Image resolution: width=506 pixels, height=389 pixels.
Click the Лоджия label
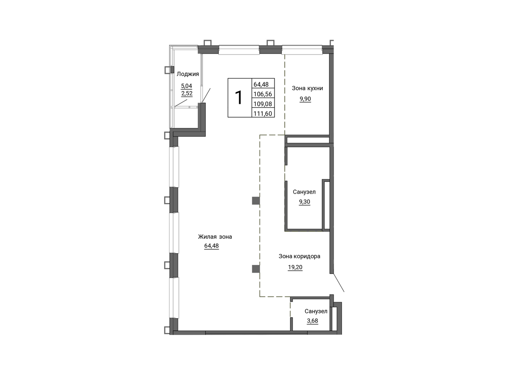tap(188, 74)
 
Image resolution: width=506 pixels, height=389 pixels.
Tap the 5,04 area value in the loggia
tap(186, 86)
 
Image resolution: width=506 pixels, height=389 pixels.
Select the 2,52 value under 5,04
tap(187, 93)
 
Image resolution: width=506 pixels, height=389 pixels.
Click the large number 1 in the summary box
tap(239, 98)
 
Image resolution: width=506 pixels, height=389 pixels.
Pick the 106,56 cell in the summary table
tap(263, 94)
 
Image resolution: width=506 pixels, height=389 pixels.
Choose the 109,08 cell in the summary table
tap(263, 104)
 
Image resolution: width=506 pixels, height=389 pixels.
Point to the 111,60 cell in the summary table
tap(263, 113)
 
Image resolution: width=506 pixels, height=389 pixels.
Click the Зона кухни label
tap(307, 88)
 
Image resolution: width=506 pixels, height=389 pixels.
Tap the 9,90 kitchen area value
tap(305, 99)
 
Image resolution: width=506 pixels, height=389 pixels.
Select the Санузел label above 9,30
tap(304, 192)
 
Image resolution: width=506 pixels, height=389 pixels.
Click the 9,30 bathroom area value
tap(304, 202)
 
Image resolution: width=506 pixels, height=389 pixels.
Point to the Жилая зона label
tap(215, 237)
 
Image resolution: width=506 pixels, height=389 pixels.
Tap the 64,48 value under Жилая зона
tap(211, 246)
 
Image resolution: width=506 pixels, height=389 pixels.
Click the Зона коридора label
tap(299, 256)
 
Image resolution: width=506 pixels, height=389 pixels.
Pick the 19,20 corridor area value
tap(295, 267)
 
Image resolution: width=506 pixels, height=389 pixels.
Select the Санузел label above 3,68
tap(316, 311)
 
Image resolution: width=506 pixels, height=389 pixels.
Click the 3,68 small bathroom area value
tap(312, 321)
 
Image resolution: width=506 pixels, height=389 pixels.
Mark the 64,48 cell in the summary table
tap(261, 84)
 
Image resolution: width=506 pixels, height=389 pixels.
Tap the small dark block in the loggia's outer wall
tap(172, 70)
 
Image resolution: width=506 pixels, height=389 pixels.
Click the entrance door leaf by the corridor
tap(338, 283)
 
